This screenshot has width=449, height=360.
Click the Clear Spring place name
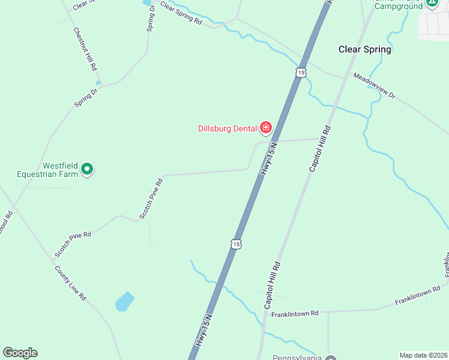(364, 49)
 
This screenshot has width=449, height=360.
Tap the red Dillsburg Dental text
(228, 128)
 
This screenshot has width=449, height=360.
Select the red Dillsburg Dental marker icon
(265, 127)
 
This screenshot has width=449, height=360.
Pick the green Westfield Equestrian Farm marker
(88, 170)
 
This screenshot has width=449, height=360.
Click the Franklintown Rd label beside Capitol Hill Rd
(294, 313)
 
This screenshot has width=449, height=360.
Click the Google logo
(20, 353)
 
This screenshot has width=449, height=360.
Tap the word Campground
(399, 6)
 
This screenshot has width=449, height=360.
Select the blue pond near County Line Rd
(124, 301)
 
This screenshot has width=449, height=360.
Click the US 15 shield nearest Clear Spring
(301, 72)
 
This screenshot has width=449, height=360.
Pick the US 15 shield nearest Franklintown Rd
(237, 244)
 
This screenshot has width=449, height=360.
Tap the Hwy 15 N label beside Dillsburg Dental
(268, 159)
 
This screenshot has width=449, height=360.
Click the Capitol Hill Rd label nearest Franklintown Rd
(272, 285)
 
